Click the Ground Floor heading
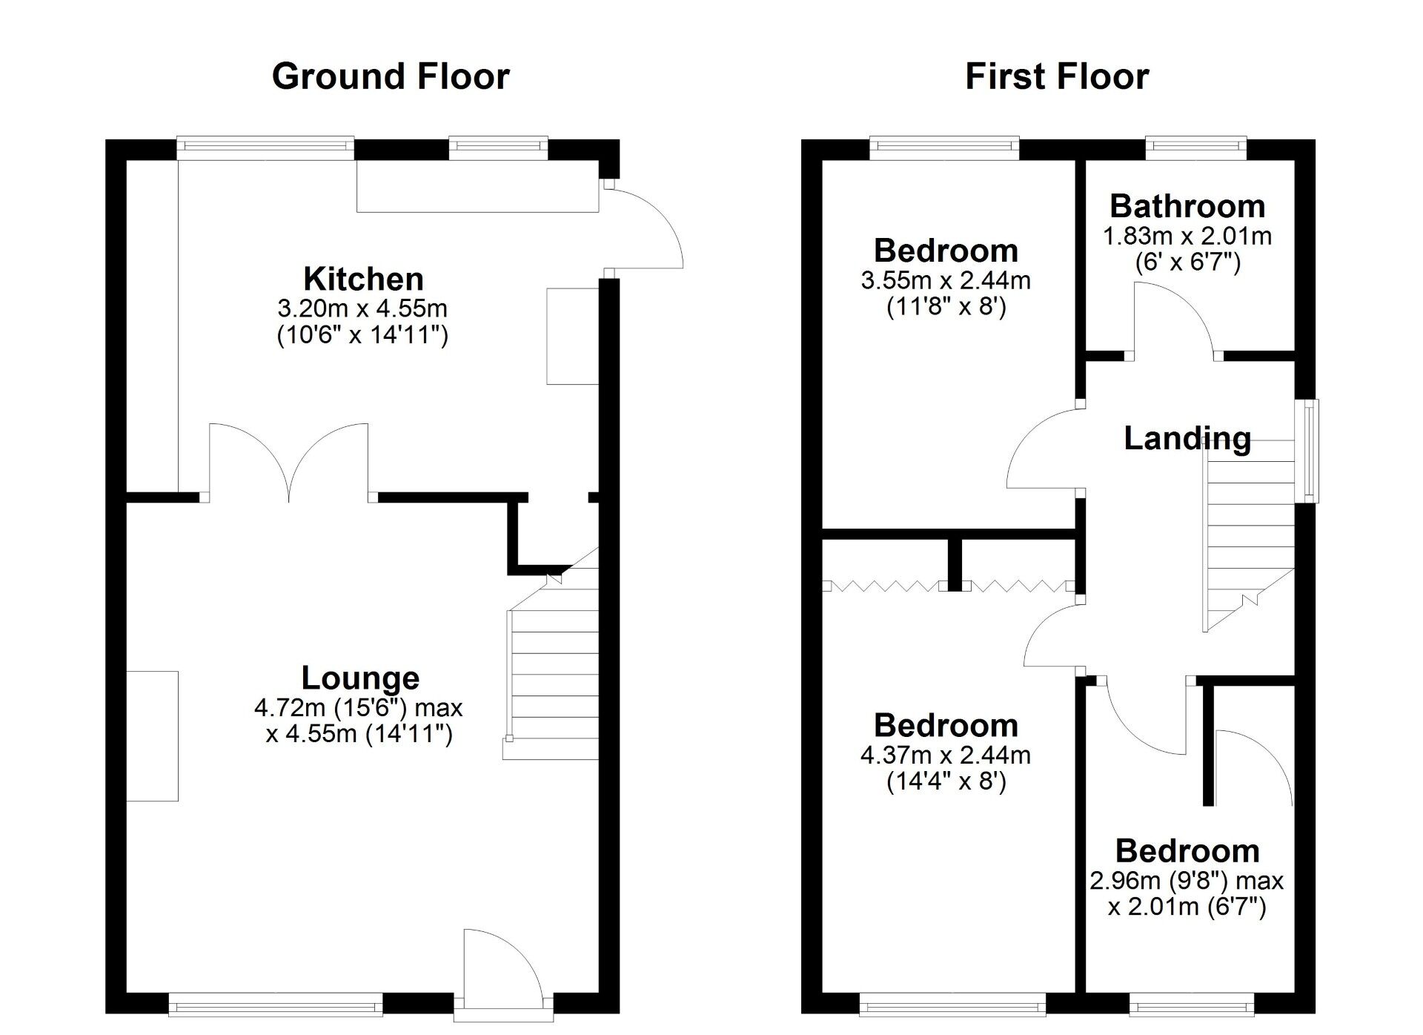click(x=391, y=76)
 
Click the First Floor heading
click(x=1057, y=76)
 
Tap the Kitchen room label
click(x=363, y=279)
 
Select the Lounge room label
click(x=360, y=678)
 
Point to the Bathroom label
click(x=1187, y=206)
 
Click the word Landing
click(x=1187, y=438)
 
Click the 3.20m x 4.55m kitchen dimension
click(x=362, y=308)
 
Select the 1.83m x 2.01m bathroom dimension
click(x=1187, y=236)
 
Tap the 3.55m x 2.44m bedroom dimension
click(x=946, y=280)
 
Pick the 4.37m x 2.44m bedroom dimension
click(x=946, y=755)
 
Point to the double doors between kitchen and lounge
click(x=289, y=460)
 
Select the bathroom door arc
click(x=1175, y=319)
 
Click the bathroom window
click(x=1196, y=148)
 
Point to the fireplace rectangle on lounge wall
click(x=153, y=735)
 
